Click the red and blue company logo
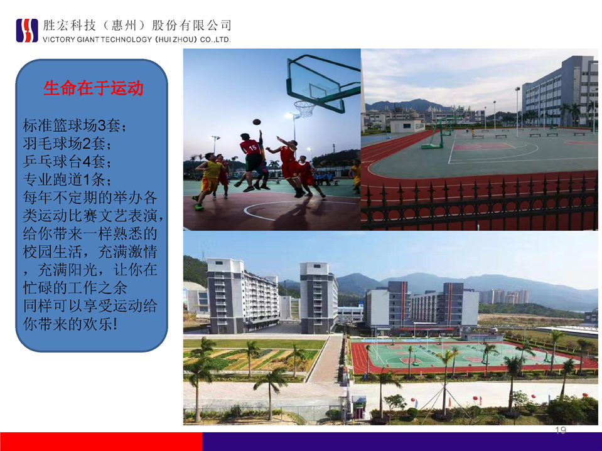27,30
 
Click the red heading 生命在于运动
94,88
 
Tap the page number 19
561,430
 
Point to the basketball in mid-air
257,122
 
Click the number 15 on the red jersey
252,147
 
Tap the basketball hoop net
305,109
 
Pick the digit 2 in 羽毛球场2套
87,144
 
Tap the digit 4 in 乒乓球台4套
87,161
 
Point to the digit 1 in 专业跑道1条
87,179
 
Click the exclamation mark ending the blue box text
115,324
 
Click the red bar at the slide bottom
101,442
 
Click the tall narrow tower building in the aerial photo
318,297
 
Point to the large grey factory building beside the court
560,92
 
